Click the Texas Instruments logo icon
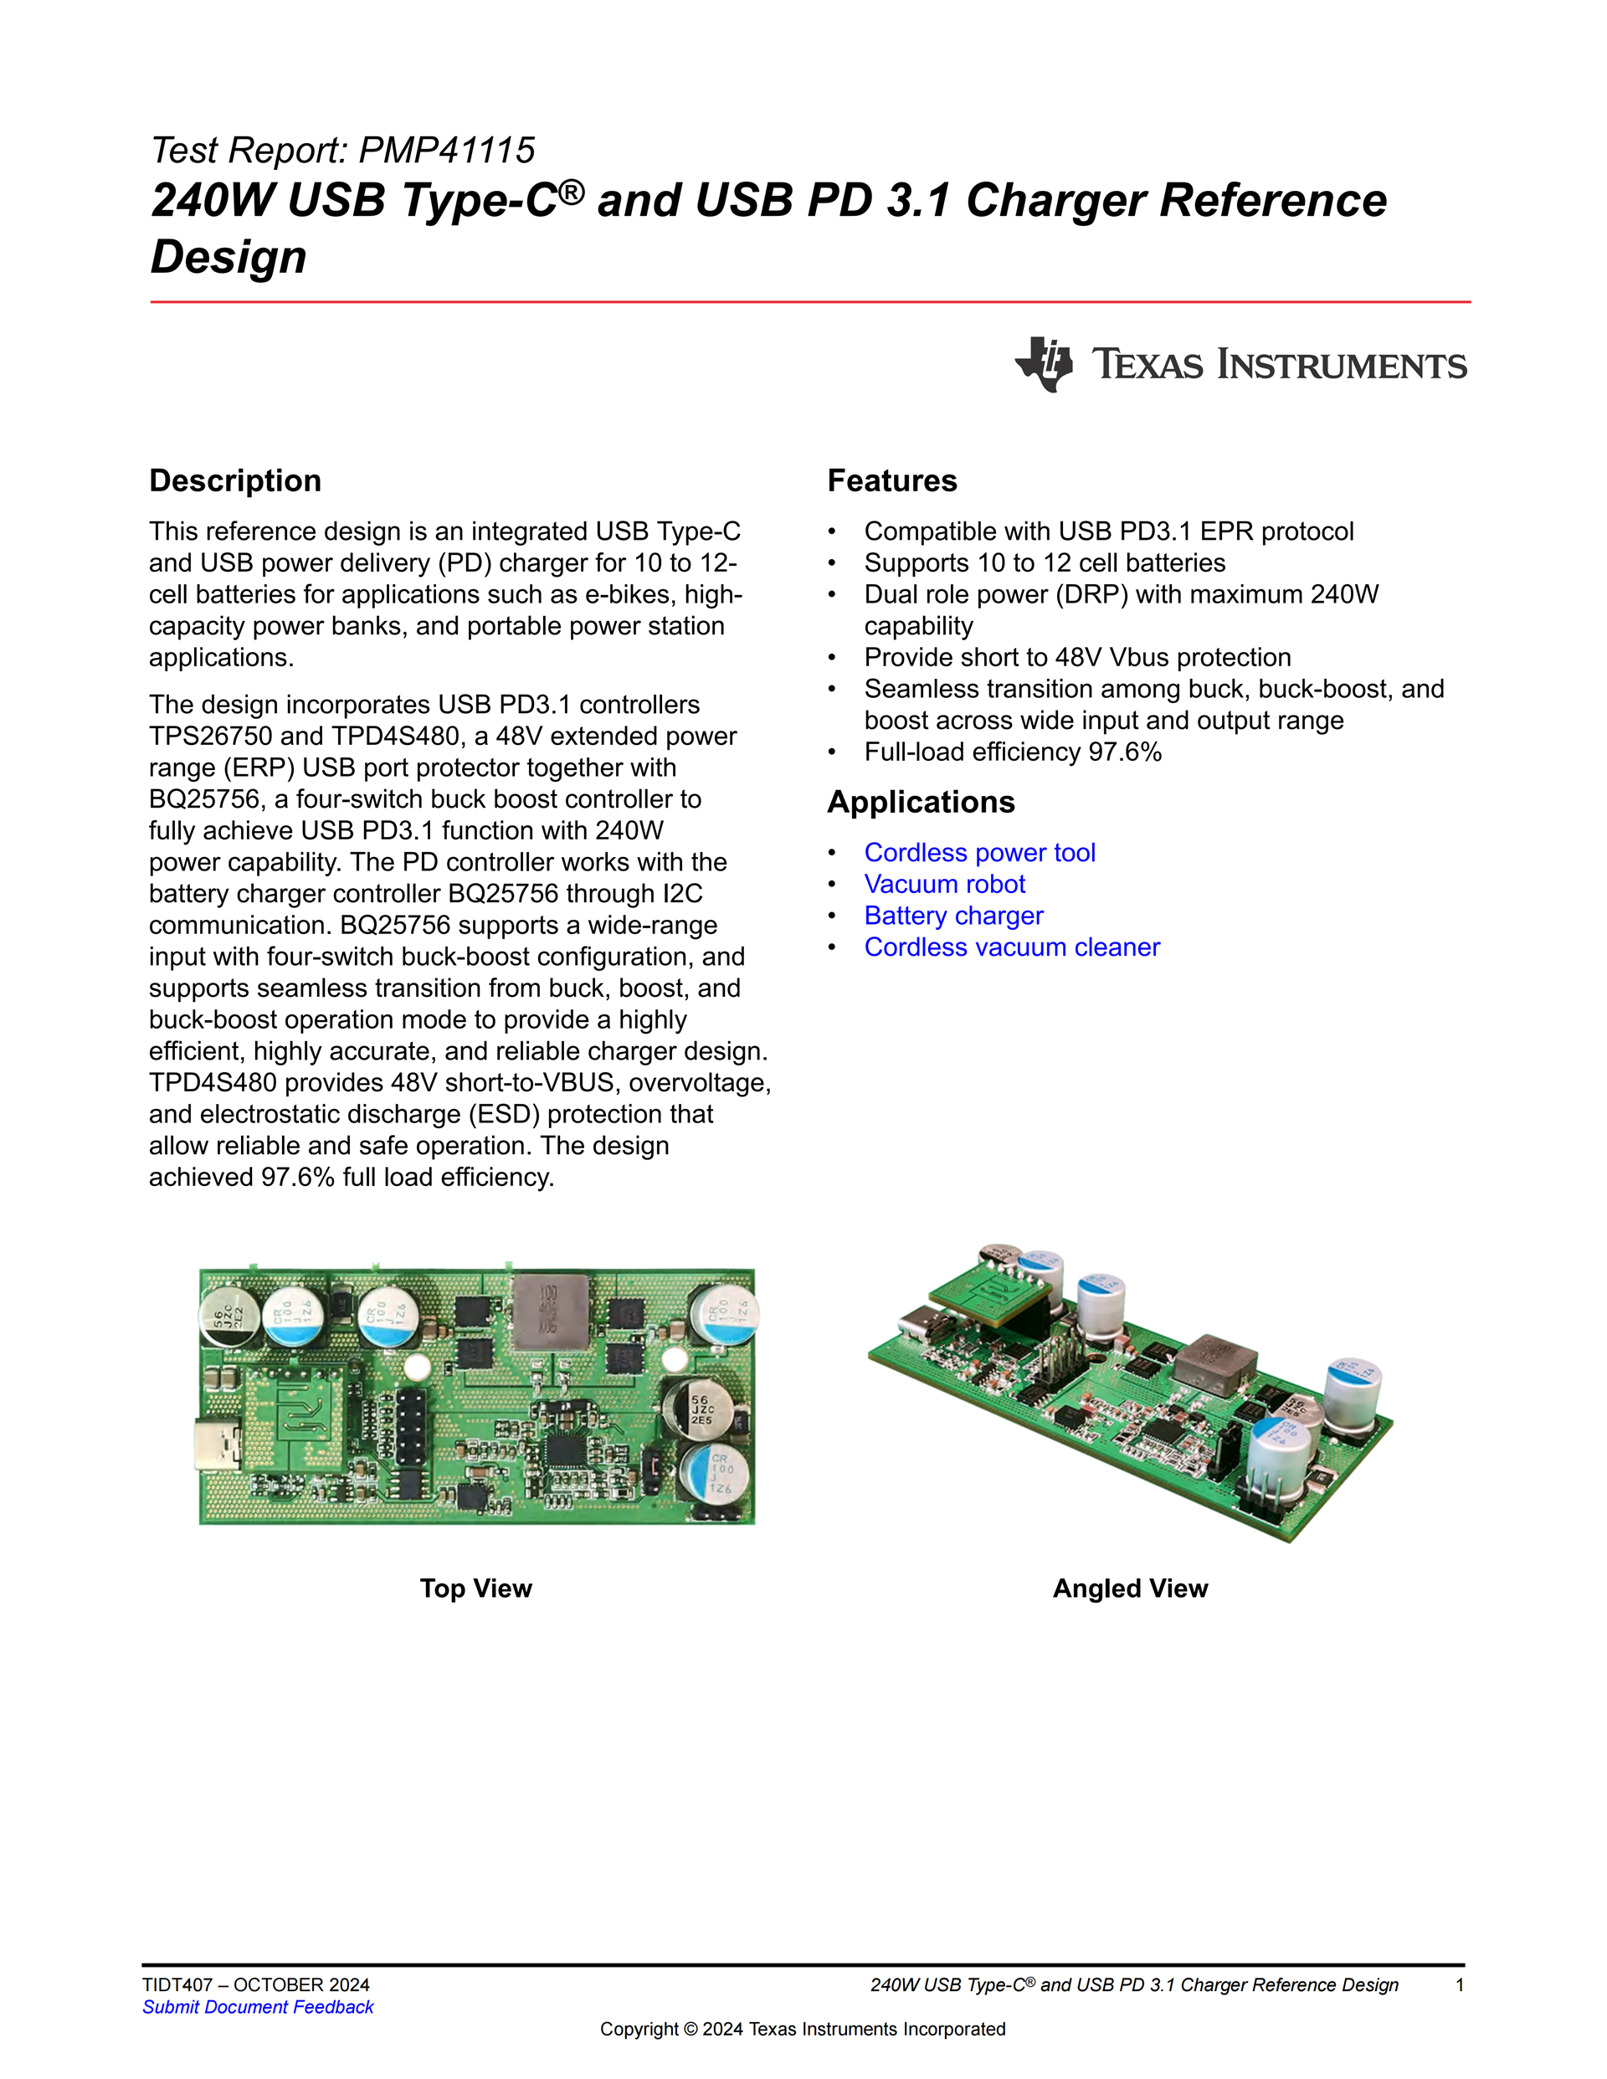(1045, 363)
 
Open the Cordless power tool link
(978, 852)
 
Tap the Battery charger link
(953, 915)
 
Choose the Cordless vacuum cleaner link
(1011, 947)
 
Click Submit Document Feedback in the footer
(258, 2007)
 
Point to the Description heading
(235, 480)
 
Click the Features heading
(891, 480)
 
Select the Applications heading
(921, 802)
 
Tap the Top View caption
(476, 1588)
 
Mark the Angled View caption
(1130, 1588)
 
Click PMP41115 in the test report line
(446, 151)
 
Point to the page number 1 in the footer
(1460, 1984)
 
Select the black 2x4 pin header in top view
(411, 1428)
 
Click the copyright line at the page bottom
(803, 2029)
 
